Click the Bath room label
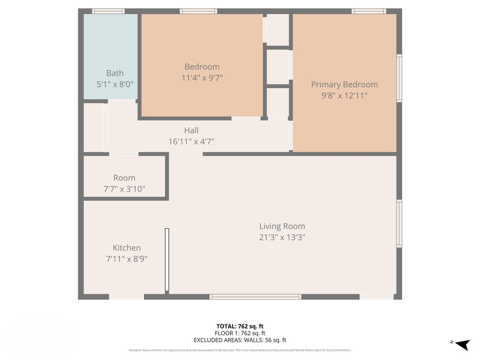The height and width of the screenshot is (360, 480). coord(115,73)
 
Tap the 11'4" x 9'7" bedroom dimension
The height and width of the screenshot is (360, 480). coord(202,78)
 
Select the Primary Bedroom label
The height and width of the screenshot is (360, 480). coord(344,84)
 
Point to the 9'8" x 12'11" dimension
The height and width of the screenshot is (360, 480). coord(344,96)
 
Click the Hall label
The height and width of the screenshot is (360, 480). coord(191,130)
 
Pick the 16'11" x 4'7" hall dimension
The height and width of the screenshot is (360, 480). coord(191,141)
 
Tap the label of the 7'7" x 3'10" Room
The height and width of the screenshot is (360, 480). coord(124,178)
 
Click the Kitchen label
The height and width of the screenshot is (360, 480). coord(127,247)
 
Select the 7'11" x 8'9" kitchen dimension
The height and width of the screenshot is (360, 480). coord(127,258)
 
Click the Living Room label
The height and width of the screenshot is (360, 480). coord(282,226)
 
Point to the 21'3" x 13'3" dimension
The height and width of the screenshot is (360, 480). coord(282,237)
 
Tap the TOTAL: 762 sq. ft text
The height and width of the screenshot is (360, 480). coord(240,326)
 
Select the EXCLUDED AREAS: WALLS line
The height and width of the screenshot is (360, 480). coord(240,340)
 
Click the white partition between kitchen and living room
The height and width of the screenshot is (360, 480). coord(167,260)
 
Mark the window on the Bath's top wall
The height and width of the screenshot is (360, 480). coord(108,11)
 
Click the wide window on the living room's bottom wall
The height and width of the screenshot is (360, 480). coord(255,297)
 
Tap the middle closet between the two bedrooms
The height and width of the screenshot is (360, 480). coord(277,67)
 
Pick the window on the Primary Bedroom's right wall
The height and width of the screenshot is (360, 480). coord(399,78)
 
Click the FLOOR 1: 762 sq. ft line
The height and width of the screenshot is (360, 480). coord(240,333)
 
